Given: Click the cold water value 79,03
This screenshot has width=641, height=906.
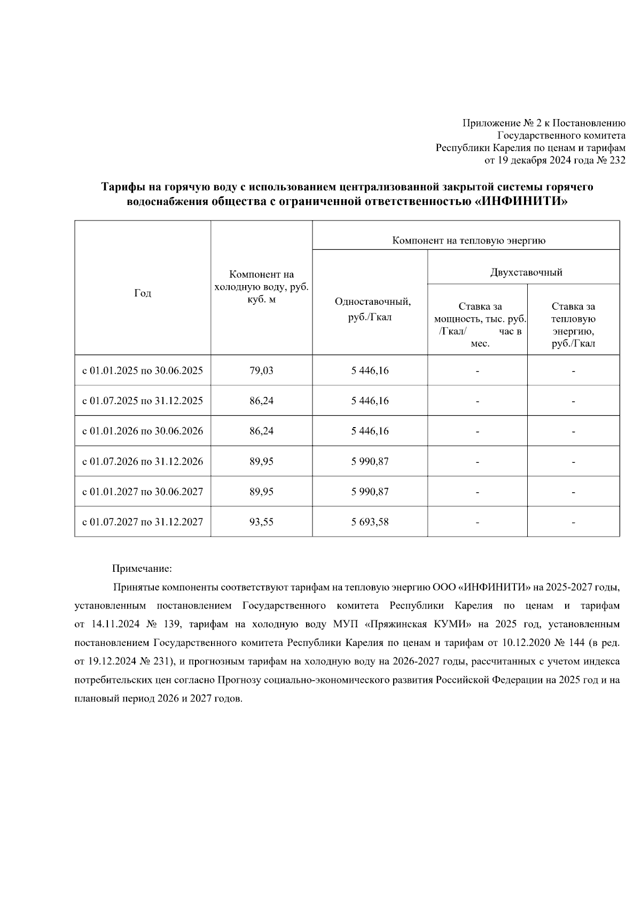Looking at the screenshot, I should [x=261, y=371].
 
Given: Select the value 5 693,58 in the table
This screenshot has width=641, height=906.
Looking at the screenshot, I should [x=370, y=522].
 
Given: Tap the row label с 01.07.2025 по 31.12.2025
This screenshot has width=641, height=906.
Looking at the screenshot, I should [x=142, y=401].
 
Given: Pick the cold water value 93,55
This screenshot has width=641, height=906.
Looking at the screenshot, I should [x=261, y=522].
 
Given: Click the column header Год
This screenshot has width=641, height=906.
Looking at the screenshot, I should [x=142, y=293].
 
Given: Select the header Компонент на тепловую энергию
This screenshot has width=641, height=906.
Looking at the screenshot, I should [x=468, y=241].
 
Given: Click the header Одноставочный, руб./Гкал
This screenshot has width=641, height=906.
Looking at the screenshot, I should [x=372, y=309].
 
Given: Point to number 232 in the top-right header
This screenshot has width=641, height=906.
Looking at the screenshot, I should [x=616, y=160].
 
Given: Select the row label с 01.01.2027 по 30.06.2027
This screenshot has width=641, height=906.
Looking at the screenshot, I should [x=142, y=492].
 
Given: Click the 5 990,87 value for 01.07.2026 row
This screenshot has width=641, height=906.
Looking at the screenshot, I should [x=370, y=461].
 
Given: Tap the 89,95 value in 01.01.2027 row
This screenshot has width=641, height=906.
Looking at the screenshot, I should [x=261, y=492].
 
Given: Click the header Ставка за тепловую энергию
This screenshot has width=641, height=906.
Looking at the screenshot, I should [x=573, y=325].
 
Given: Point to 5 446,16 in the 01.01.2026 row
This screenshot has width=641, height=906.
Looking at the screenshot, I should [x=370, y=431].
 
